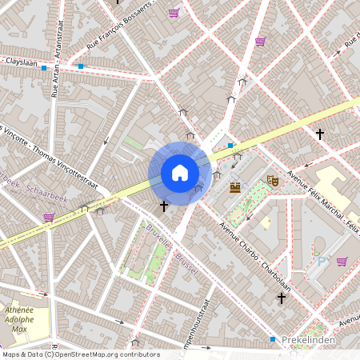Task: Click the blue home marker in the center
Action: [x=180, y=173]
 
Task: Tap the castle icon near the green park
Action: [x=235, y=187]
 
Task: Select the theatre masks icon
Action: [x=272, y=182]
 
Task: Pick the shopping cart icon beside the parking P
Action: [x=342, y=261]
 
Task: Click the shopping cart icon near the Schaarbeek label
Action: [x=49, y=217]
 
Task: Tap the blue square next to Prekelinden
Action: [x=273, y=340]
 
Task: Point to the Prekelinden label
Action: [x=307, y=340]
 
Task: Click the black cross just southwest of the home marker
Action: [x=164, y=206]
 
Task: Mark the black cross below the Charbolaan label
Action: [x=281, y=298]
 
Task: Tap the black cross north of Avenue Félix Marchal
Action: [x=320, y=134]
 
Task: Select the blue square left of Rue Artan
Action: [x=43, y=68]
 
